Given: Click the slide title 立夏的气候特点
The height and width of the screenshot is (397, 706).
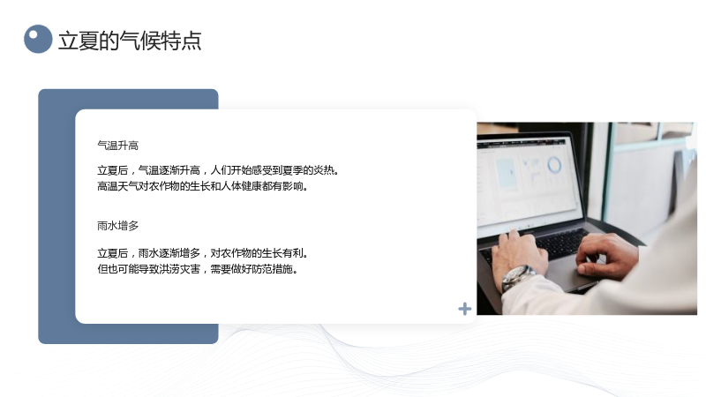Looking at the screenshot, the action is coord(130,41).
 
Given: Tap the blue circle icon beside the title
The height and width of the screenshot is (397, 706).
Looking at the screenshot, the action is coord(38,39).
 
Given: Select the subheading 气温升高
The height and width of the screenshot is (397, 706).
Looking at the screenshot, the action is coord(118,146).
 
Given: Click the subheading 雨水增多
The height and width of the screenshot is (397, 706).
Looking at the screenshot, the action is coord(118,226).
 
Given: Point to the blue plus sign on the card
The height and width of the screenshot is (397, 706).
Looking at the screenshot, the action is coord(465,309).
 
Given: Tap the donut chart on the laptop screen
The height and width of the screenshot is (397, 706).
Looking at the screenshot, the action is coord(554,165).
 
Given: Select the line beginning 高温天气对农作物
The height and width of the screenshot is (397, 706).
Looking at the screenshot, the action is coord(203,186).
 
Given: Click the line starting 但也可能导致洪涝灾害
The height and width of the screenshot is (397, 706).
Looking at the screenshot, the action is coord(198,269).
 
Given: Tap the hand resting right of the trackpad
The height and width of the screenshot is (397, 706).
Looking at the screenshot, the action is coord(607,253).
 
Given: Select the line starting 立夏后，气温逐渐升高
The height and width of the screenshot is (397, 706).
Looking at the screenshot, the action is coord(218,170).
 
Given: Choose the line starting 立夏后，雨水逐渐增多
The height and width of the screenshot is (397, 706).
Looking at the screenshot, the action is coord(203,253).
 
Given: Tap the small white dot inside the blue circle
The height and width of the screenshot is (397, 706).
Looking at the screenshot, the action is coord(33,34).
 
